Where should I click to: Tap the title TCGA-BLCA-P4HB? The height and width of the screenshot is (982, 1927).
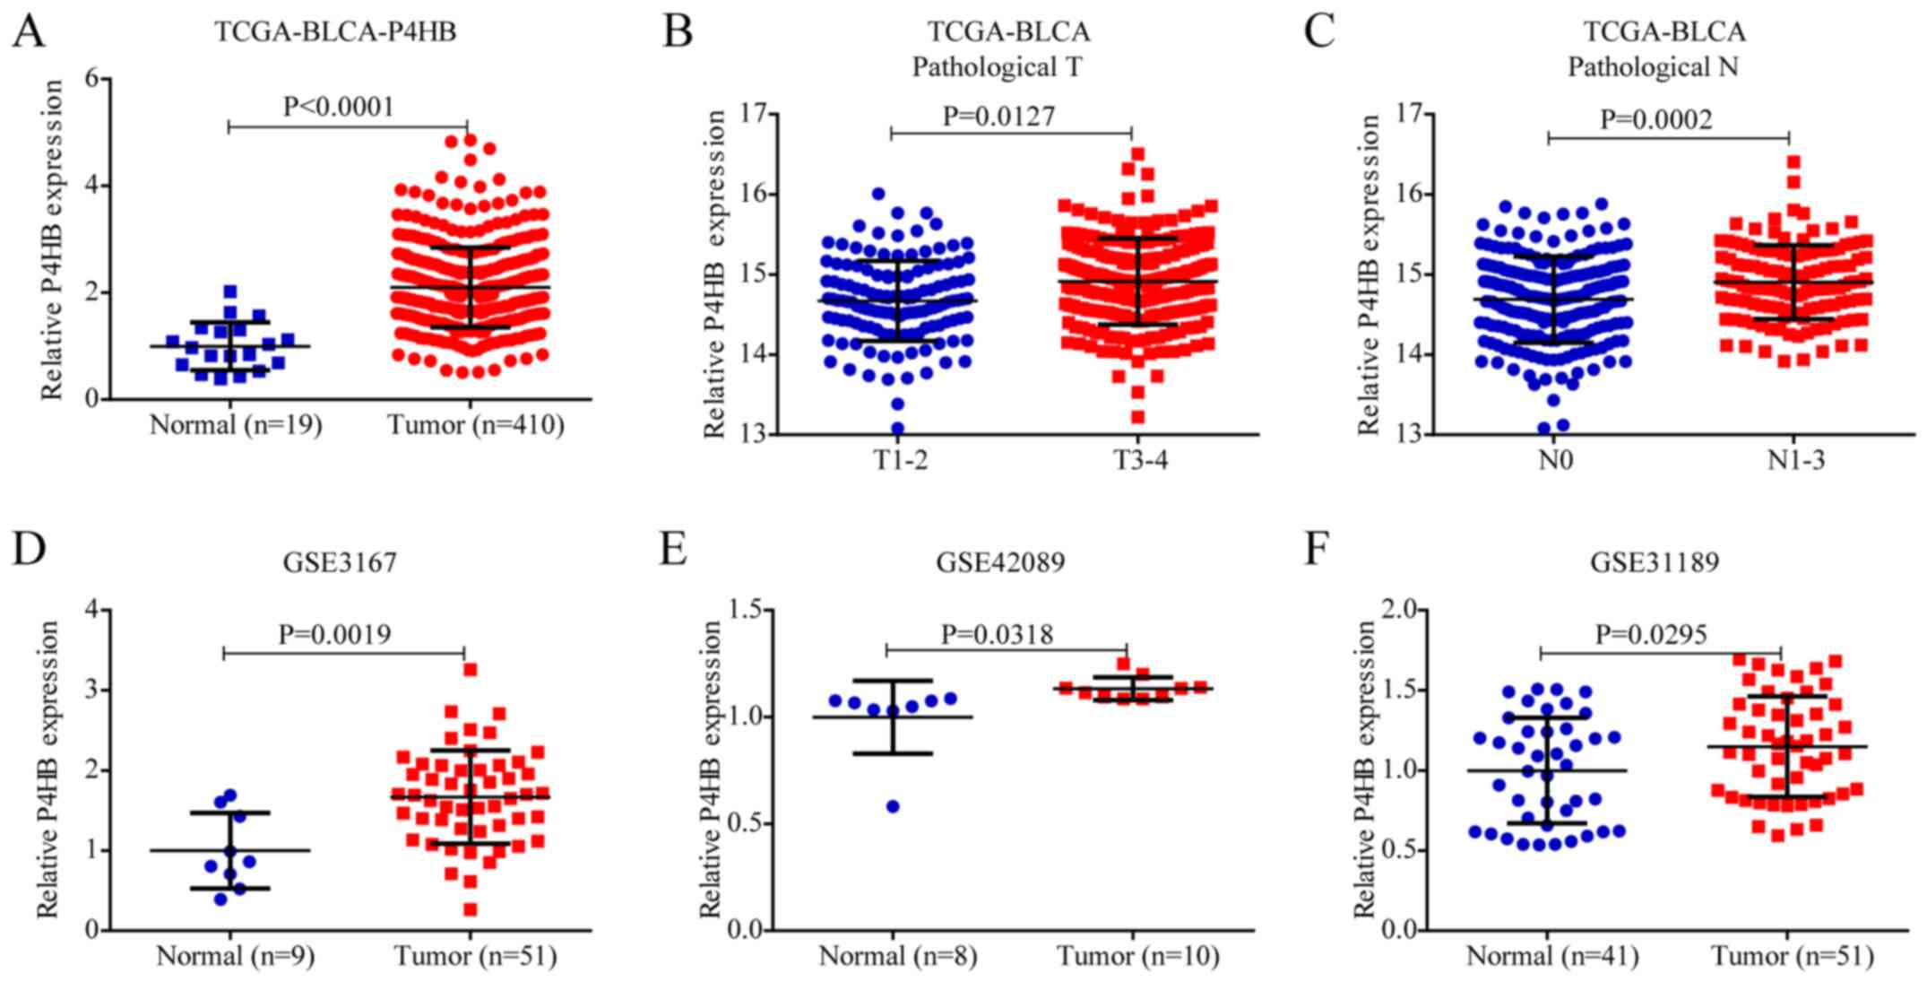click(x=335, y=32)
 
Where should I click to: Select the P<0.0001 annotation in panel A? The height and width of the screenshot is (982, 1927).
click(x=339, y=107)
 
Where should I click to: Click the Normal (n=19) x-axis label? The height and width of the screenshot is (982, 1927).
click(x=235, y=425)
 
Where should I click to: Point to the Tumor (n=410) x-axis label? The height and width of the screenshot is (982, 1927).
click(x=476, y=425)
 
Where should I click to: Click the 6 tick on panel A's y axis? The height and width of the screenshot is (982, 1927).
click(x=91, y=79)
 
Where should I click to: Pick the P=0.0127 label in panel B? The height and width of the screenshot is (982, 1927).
click(x=998, y=116)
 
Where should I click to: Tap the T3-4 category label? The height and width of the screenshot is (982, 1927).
click(x=1140, y=460)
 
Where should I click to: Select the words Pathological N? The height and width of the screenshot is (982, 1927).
click(x=1653, y=67)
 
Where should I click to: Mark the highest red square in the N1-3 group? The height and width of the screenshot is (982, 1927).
click(x=1793, y=162)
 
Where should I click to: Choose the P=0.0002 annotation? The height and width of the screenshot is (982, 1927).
click(x=1656, y=119)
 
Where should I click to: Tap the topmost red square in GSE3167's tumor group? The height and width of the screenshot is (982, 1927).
click(x=470, y=669)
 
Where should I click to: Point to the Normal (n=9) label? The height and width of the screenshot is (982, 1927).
click(x=235, y=957)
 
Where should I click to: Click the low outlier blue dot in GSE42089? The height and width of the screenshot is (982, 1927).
click(x=893, y=806)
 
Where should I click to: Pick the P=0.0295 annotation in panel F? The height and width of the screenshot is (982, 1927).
click(x=1651, y=635)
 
